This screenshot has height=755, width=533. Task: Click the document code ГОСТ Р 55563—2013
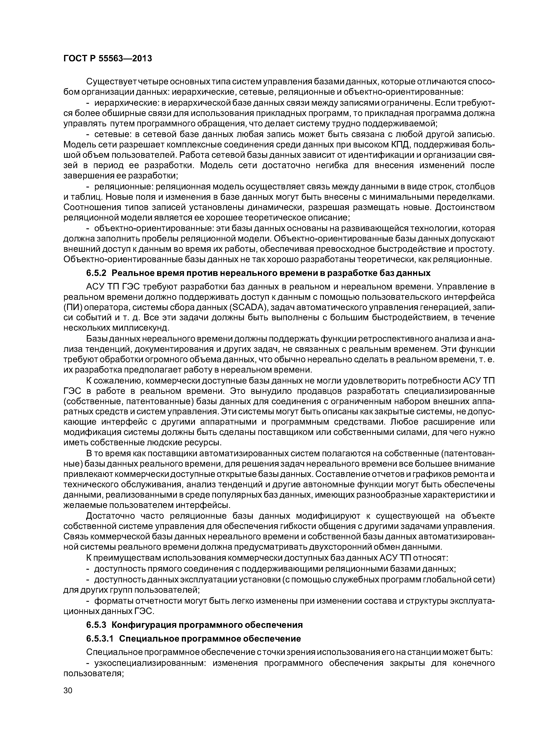[x=108, y=59]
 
